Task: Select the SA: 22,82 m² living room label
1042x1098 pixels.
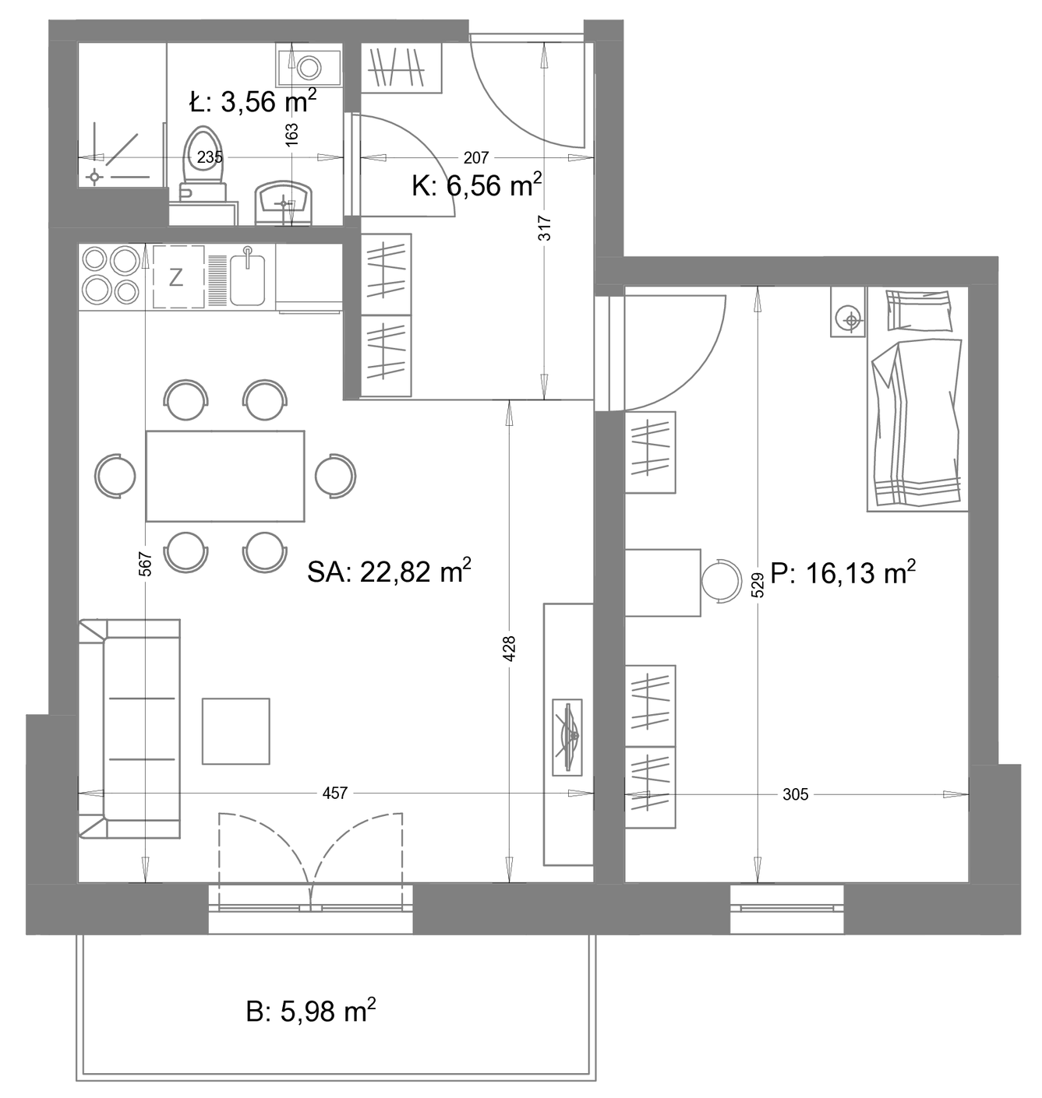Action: [x=389, y=571]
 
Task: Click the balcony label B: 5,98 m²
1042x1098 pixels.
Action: [x=311, y=1010]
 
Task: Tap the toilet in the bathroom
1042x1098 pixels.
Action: [x=203, y=163]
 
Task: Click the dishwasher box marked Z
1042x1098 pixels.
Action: [x=178, y=276]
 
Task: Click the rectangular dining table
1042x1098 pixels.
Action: [x=225, y=476]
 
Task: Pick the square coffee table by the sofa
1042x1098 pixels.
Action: [x=236, y=731]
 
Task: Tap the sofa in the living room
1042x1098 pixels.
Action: [x=129, y=729]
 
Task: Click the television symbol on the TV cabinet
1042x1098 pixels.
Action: [x=567, y=737]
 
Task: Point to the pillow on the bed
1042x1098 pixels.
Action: [x=919, y=310]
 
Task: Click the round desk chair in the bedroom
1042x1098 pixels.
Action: [x=721, y=582]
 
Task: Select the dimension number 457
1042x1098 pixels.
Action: [x=335, y=793]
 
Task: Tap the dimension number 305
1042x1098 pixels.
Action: [x=795, y=794]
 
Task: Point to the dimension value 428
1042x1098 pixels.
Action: [x=509, y=649]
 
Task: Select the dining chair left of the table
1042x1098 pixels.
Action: [x=115, y=476]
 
